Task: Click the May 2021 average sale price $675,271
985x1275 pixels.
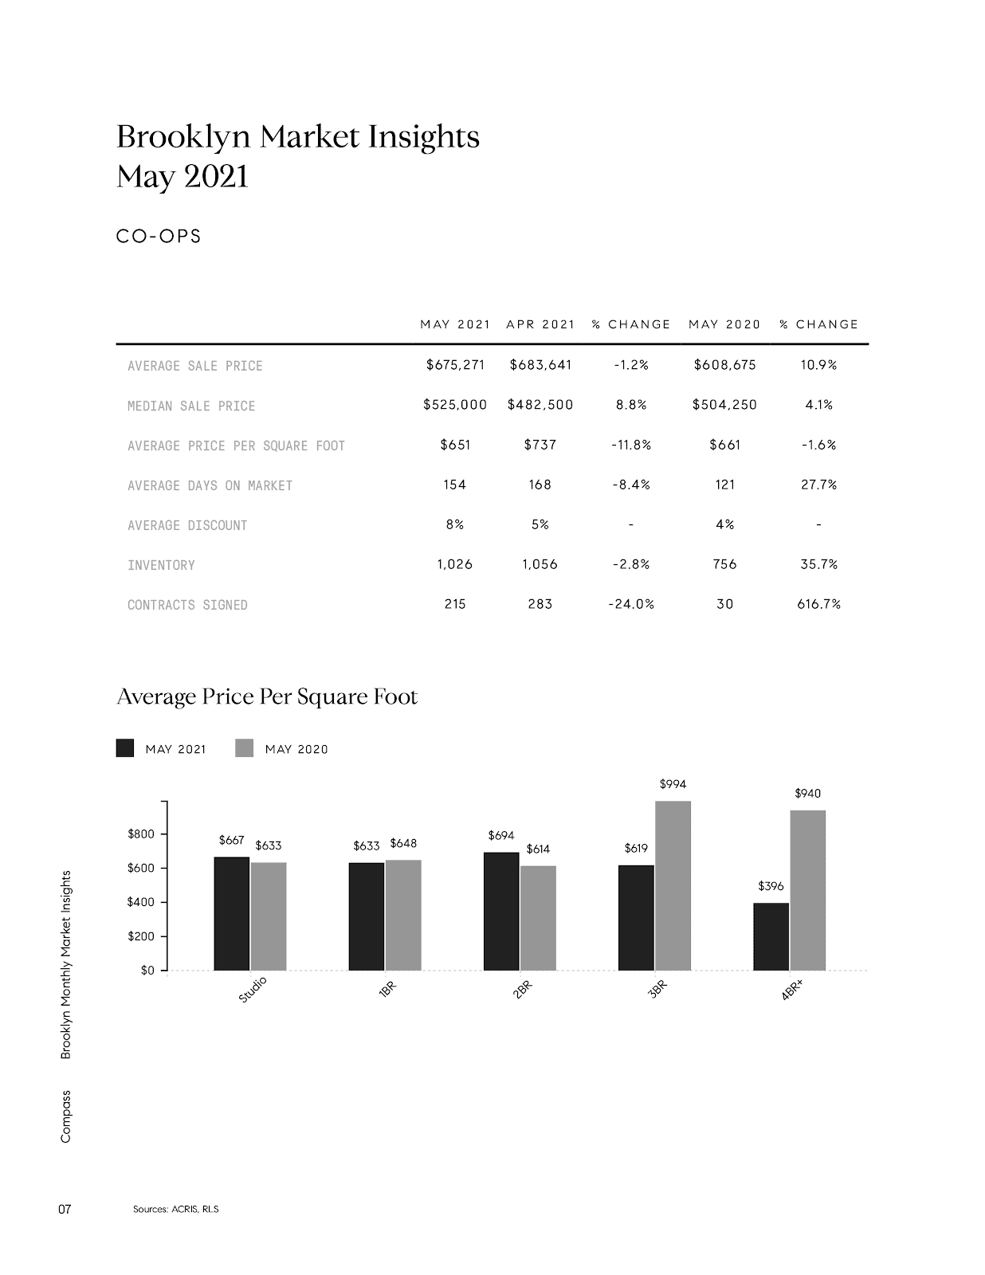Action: [455, 365]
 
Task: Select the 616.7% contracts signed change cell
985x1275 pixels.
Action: [818, 604]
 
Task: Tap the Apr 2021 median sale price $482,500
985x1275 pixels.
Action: [540, 405]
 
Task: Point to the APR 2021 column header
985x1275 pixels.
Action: [540, 324]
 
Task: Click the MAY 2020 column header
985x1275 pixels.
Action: [724, 324]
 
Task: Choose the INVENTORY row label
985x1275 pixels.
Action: [161, 565]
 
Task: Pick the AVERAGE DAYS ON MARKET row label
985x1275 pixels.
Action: [210, 485]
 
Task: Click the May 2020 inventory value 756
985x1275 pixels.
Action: [724, 564]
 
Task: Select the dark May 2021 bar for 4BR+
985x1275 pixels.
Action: [771, 936]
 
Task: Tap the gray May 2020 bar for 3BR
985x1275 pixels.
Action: [673, 885]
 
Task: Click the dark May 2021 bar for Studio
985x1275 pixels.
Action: [231, 913]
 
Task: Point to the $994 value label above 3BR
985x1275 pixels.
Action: [673, 784]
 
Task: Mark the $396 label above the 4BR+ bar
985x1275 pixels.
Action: [771, 885]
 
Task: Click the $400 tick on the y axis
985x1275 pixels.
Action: [140, 902]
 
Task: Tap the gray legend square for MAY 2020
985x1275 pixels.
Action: [245, 748]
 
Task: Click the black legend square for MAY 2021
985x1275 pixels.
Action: [125, 748]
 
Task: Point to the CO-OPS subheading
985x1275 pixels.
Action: [159, 237]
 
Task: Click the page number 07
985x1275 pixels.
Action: [65, 1209]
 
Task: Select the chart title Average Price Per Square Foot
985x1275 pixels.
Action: [267, 696]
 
